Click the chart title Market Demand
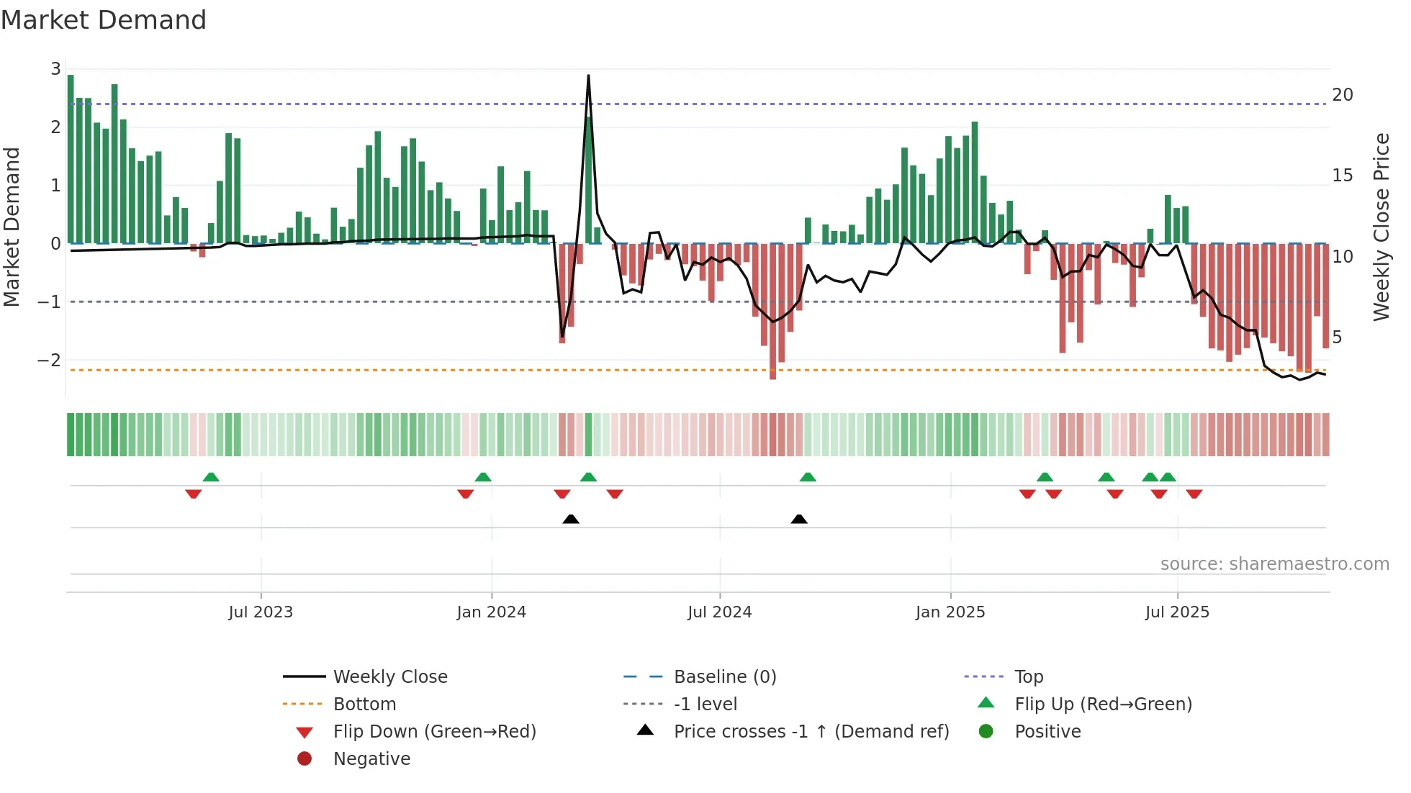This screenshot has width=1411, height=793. coord(104,20)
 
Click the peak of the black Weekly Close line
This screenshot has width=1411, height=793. coord(588,76)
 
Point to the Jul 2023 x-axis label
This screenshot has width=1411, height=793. coord(261,612)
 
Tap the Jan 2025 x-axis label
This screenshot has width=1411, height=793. coord(950,612)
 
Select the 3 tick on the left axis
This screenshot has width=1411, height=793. coord(55,69)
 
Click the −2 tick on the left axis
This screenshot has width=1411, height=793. coord(50,360)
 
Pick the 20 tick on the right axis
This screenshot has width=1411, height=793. coord(1342,95)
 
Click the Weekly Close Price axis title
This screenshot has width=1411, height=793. coord(1381,227)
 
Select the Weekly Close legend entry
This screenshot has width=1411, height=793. coord(389,677)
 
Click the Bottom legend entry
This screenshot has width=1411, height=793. coord(364,704)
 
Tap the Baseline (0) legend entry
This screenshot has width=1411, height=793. coord(724,677)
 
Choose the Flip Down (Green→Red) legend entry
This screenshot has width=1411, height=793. coord(434,732)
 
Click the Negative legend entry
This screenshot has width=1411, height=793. coord(371,759)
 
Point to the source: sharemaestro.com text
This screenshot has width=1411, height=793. coord(1274,564)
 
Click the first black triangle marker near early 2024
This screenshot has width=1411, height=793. coord(571,519)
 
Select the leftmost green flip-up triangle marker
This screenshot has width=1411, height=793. coord(211,477)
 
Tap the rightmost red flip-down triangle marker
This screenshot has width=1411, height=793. coord(1194,494)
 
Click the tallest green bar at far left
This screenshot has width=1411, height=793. coord(71,158)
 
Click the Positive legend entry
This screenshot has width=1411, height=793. coord(1047,732)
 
